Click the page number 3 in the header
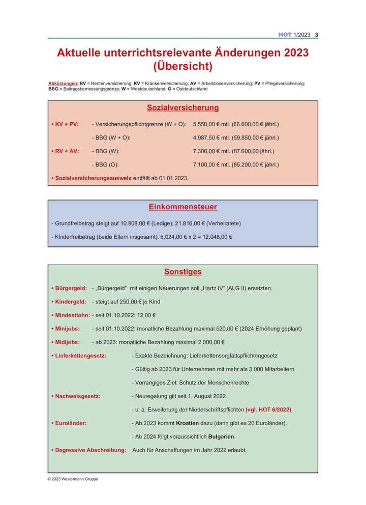click(x=317, y=35)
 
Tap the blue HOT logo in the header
click(x=285, y=35)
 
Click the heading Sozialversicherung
click(x=183, y=108)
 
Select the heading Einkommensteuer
click(x=183, y=207)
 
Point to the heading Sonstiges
click(x=183, y=272)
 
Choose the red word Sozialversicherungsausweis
click(x=93, y=178)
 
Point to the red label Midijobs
click(x=67, y=342)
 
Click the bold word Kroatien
click(x=191, y=423)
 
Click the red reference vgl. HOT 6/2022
click(x=268, y=410)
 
